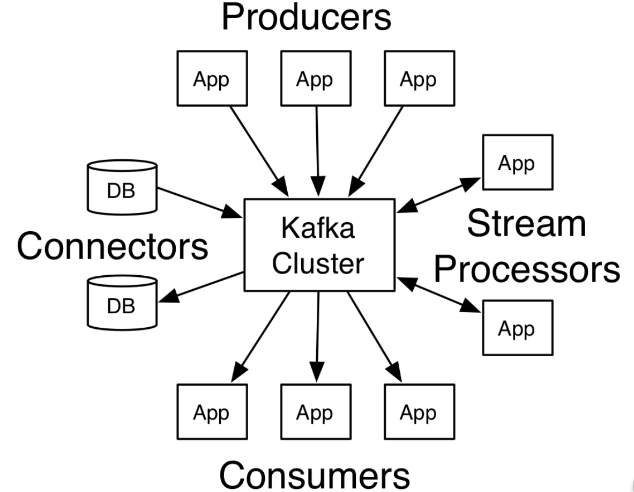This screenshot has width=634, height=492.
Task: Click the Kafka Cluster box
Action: pyautogui.click(x=319, y=244)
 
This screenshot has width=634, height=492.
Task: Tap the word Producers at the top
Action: pyautogui.click(x=306, y=18)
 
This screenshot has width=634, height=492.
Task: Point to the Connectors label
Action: pyautogui.click(x=113, y=246)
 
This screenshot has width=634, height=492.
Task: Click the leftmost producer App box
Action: pyautogui.click(x=212, y=78)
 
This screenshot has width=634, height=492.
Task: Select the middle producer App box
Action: pyautogui.click(x=316, y=78)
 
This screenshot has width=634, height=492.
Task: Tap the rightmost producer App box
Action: pyautogui.click(x=419, y=78)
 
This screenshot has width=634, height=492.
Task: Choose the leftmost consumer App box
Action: pyautogui.click(x=212, y=412)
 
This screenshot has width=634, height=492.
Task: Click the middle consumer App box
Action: pyautogui.click(x=316, y=412)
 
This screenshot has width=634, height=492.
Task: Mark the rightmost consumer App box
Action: pyautogui.click(x=419, y=412)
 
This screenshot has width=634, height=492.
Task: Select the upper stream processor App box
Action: pyautogui.click(x=517, y=163)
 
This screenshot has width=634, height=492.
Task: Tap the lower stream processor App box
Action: pyautogui.click(x=517, y=327)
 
